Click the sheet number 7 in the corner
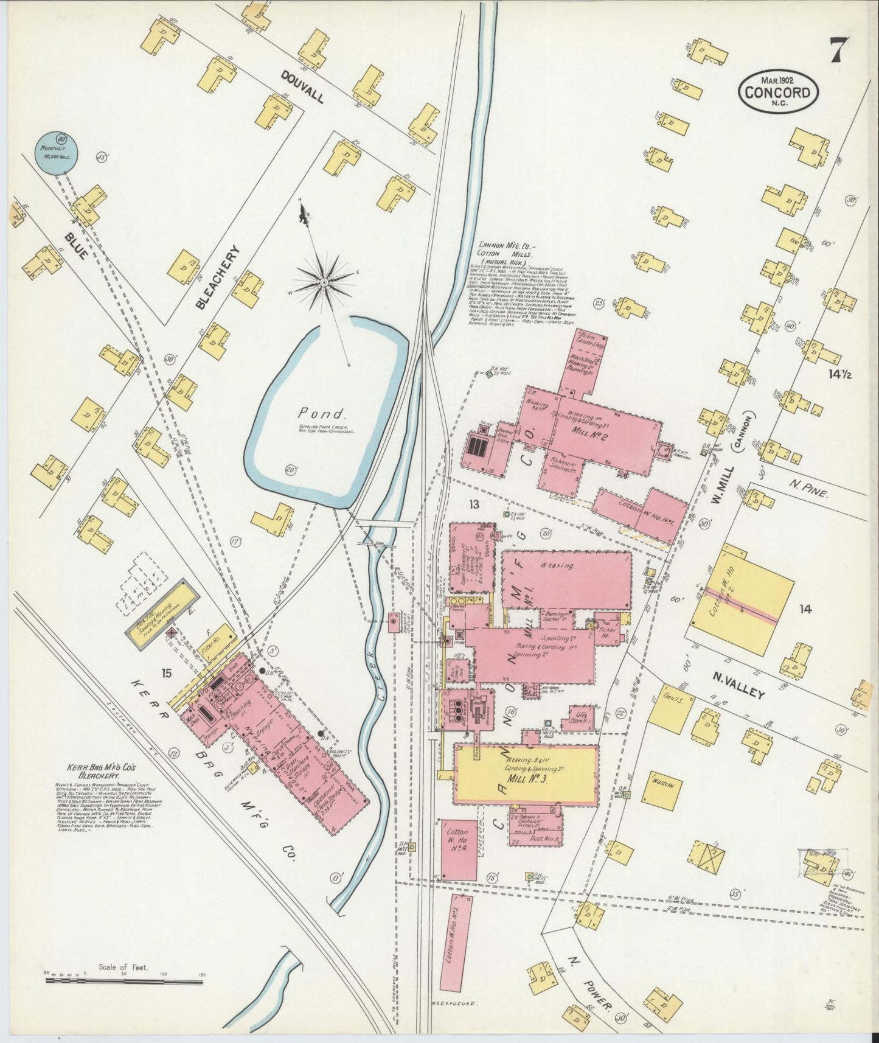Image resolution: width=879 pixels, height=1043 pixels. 836,51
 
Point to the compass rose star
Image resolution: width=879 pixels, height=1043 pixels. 324,282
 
